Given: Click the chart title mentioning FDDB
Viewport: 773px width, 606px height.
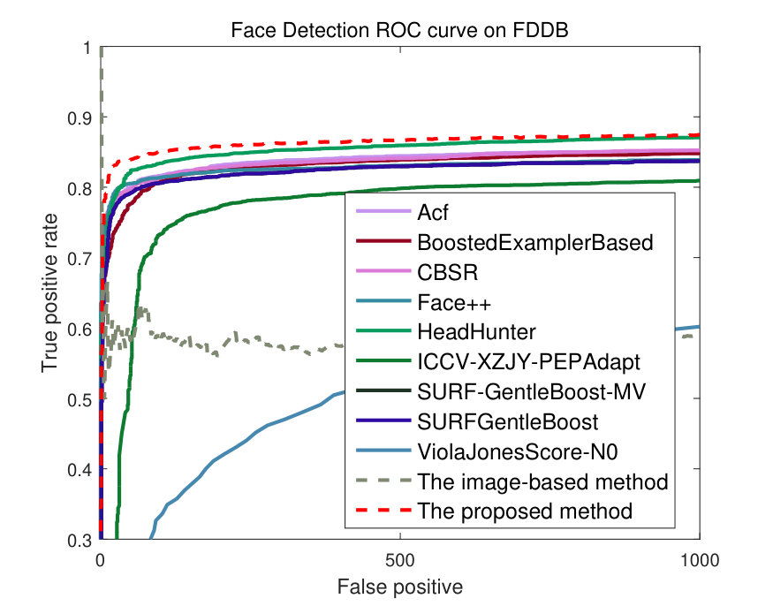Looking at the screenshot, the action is pyautogui.click(x=399, y=31).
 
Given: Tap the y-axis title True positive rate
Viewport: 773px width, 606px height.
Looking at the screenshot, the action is pyautogui.click(x=49, y=293).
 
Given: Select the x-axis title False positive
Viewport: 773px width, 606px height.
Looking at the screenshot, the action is pyautogui.click(x=400, y=587).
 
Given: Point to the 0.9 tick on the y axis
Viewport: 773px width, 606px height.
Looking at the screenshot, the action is pyautogui.click(x=80, y=118).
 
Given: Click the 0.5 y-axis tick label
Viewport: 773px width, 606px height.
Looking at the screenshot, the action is pyautogui.click(x=80, y=399).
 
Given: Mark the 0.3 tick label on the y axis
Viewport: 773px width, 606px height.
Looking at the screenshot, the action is pyautogui.click(x=80, y=540).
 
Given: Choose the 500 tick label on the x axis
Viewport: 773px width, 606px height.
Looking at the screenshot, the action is pyautogui.click(x=400, y=561).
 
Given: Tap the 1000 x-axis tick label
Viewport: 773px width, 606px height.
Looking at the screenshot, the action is pyautogui.click(x=699, y=561).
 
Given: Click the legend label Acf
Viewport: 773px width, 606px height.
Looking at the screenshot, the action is pyautogui.click(x=433, y=213).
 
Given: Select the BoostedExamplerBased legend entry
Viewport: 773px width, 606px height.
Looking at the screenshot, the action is pyautogui.click(x=534, y=243).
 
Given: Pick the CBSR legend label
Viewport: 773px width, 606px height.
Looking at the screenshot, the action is pyautogui.click(x=448, y=273).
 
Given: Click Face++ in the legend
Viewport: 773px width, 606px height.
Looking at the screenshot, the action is pyautogui.click(x=454, y=303).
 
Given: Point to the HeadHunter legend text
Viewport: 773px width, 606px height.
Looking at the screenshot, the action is pyautogui.click(x=476, y=332).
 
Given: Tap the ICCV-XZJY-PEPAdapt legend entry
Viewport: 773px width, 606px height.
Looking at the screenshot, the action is pyautogui.click(x=528, y=362).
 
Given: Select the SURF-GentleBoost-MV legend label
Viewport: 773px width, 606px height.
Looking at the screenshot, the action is pyautogui.click(x=531, y=392).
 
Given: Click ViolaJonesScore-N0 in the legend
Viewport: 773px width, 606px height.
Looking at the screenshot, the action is pyautogui.click(x=518, y=451).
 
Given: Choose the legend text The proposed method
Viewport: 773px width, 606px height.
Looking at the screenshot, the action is pyautogui.click(x=525, y=511).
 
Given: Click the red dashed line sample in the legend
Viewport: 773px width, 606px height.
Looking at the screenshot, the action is pyautogui.click(x=383, y=511).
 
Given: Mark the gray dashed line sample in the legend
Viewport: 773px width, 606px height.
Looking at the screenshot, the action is pyautogui.click(x=383, y=481).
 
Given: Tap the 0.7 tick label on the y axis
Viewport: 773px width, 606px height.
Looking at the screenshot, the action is pyautogui.click(x=80, y=259).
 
